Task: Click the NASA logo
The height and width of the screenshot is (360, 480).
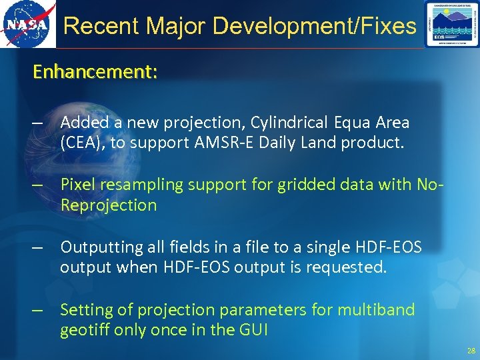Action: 27,25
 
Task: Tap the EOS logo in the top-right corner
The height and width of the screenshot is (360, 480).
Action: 451,25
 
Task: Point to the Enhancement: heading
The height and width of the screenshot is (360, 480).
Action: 95,71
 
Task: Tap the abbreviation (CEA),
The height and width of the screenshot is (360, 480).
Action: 83,142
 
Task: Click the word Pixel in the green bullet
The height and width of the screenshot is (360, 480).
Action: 79,185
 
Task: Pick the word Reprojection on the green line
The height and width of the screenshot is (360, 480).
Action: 109,205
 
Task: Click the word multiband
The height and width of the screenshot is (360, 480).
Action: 377,310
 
